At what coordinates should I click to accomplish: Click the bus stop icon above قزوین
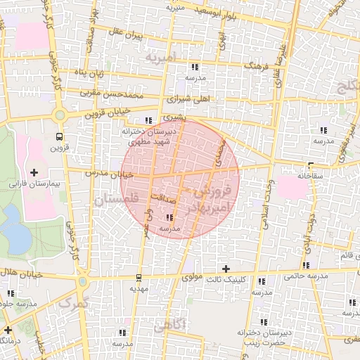[59, 137]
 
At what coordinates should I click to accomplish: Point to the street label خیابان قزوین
[108, 111]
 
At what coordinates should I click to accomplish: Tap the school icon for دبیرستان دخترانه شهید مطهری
[148, 120]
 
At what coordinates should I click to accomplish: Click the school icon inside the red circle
[169, 218]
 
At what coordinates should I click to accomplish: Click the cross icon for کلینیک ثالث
[226, 269]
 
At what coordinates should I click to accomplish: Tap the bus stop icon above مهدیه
[139, 276]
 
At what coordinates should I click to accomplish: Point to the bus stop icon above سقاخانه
[311, 166]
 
